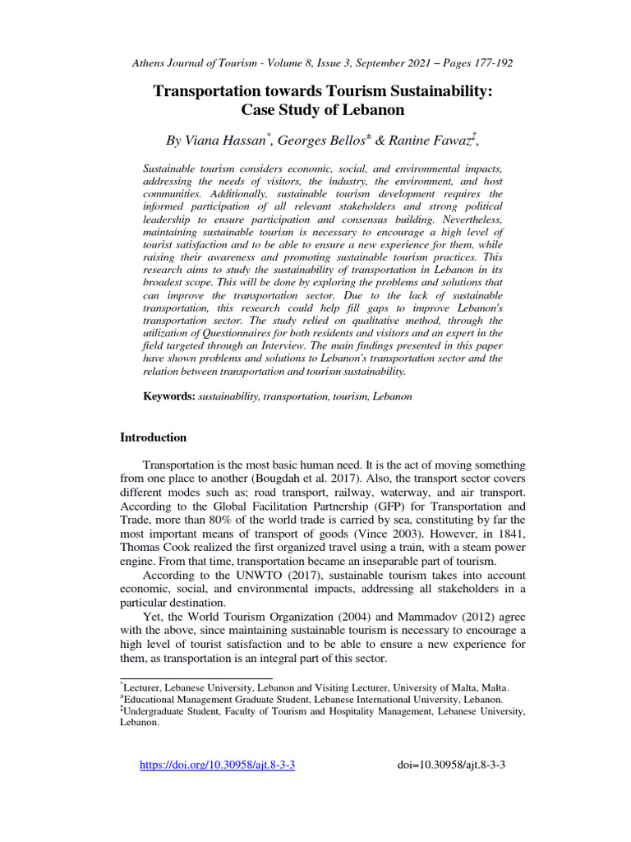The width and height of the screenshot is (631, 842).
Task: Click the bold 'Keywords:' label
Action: tap(169, 396)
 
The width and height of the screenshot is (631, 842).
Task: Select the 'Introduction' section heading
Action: tap(154, 437)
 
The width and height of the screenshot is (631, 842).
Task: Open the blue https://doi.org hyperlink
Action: tap(218, 765)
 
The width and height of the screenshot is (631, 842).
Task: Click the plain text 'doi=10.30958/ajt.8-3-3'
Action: tap(451, 765)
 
